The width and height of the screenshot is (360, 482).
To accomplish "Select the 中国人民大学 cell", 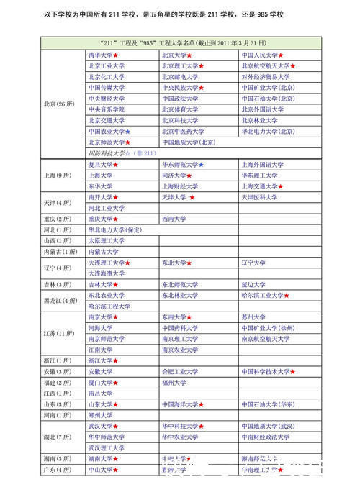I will tap(260, 55).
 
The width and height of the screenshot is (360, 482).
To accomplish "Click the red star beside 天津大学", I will tap(192, 197).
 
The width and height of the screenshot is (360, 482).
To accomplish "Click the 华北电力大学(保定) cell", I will tap(114, 229).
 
